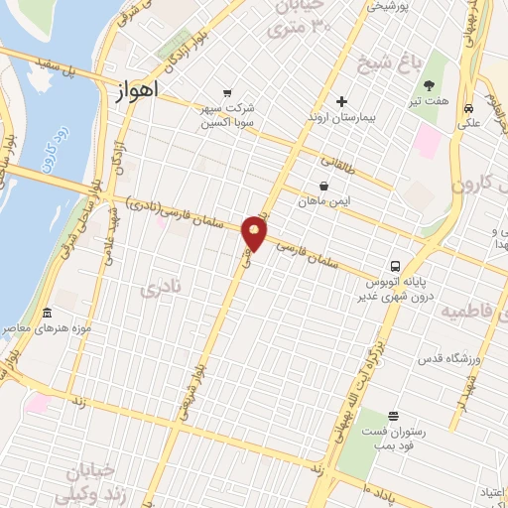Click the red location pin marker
256,234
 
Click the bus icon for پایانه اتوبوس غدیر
395,266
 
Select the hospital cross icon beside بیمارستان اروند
341,101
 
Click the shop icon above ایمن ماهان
324,185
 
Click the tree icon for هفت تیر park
444,72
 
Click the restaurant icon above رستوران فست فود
394,416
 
